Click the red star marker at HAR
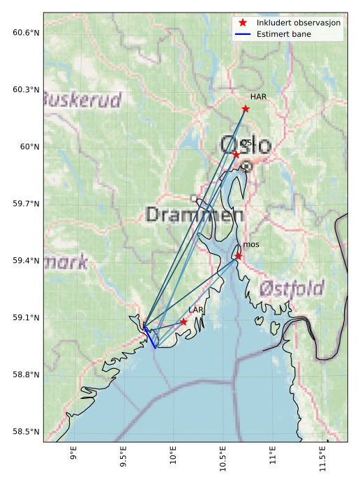(246, 108)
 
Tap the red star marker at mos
(239, 256)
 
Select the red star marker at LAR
(184, 322)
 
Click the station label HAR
(259, 96)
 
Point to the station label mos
(251, 245)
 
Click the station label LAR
(196, 310)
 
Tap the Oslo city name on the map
(246, 146)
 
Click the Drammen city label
(195, 215)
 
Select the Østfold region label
(292, 288)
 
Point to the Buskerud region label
(82, 100)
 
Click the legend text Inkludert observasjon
(299, 23)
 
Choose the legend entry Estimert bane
(284, 34)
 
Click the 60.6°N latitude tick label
(26, 33)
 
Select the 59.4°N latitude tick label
(26, 261)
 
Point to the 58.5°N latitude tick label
(26, 432)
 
